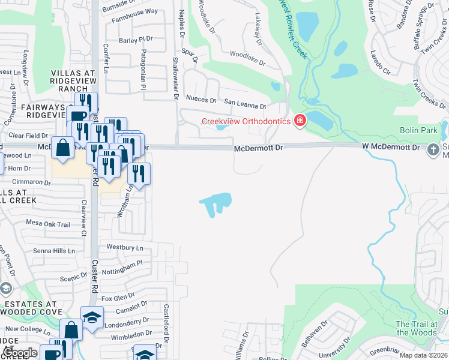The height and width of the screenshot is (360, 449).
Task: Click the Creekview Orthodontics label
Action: coord(246,121)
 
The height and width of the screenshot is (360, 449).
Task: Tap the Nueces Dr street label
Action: coord(202,100)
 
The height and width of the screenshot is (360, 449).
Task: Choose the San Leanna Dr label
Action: coord(245,104)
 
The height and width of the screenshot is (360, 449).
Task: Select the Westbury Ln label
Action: coord(125,247)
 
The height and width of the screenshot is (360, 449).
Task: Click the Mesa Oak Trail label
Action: coord(48,224)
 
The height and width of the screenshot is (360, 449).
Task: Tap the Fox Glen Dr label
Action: coord(118,298)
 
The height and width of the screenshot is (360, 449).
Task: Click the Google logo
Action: coord(19,353)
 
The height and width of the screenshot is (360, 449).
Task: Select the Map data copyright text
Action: coord(423,355)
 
